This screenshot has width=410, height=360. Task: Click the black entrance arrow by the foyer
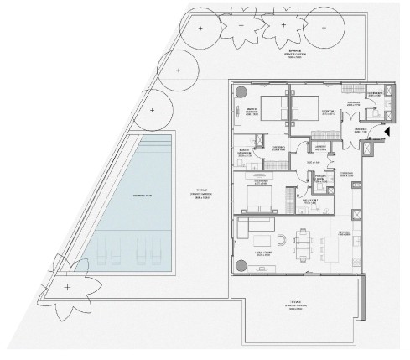[387, 133]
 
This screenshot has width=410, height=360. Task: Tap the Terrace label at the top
[293, 52]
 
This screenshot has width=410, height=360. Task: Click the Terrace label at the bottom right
[294, 303]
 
